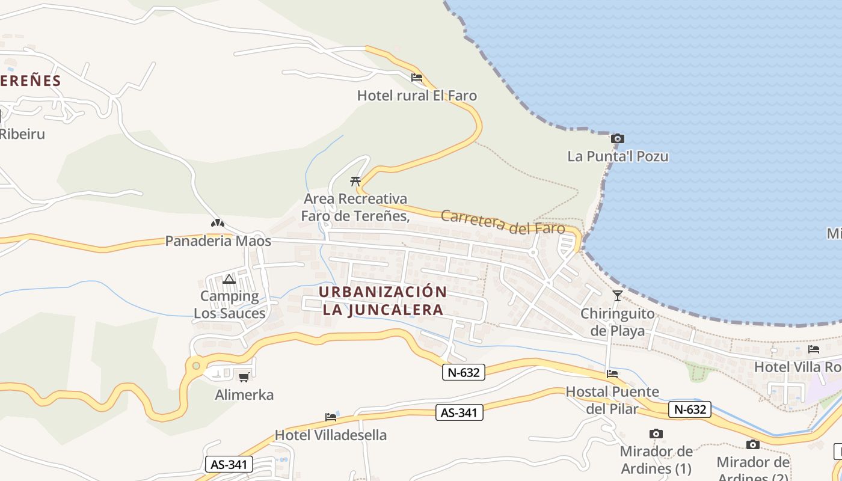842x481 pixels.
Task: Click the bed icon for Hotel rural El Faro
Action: (416, 78)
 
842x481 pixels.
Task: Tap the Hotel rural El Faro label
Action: (417, 96)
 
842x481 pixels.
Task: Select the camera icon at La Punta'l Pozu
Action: (617, 139)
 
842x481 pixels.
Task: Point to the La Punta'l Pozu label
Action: (618, 156)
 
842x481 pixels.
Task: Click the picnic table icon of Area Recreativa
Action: (355, 181)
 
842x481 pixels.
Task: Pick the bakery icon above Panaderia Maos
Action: (218, 223)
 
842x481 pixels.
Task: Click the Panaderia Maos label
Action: (218, 241)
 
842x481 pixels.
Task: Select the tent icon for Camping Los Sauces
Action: (229, 279)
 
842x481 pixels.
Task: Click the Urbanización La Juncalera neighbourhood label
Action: (383, 301)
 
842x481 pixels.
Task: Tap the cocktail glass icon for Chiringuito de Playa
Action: (617, 295)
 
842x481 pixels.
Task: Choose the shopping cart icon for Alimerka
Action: (244, 377)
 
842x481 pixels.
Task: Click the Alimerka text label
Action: (244, 395)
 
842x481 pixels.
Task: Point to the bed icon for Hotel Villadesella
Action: (330, 417)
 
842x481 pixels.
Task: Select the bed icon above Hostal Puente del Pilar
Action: (612, 374)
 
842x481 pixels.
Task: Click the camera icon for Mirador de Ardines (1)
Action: (656, 434)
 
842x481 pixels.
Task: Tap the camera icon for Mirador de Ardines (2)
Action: (752, 444)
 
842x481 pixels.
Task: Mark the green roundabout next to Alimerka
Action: (195, 365)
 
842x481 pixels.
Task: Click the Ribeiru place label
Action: (22, 134)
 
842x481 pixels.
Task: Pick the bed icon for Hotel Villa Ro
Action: (814, 349)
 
